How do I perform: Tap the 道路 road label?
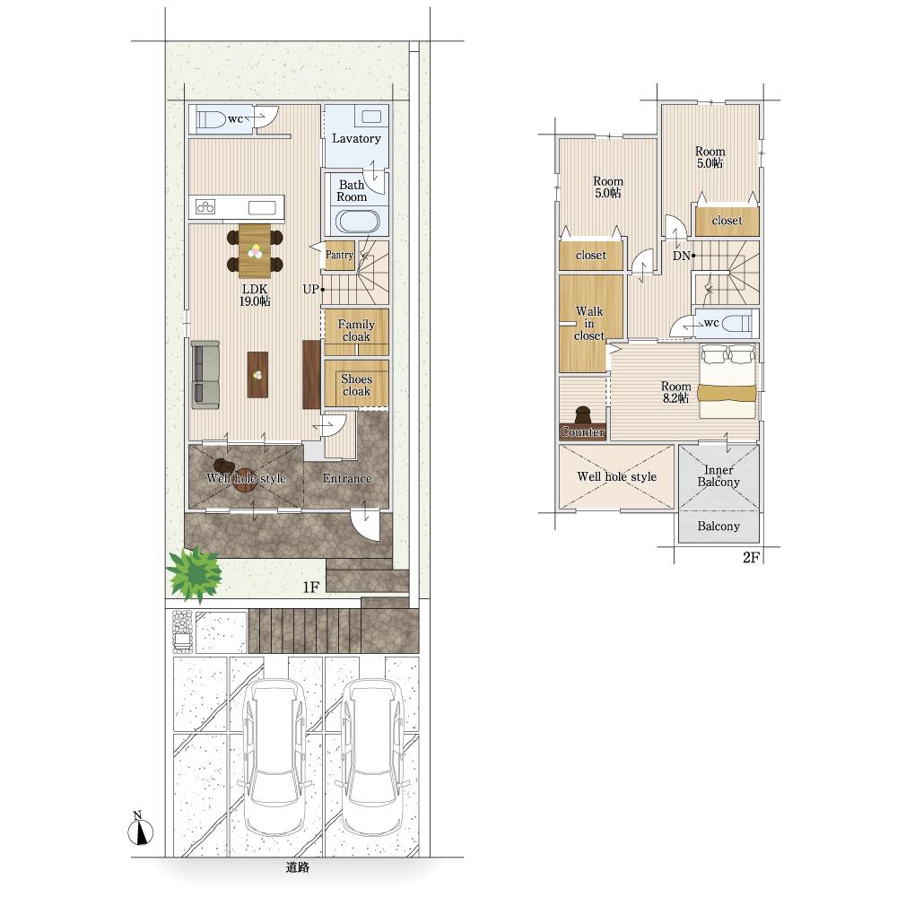(x=298, y=867)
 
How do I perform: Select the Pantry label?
(x=339, y=255)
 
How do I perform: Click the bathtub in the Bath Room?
(x=358, y=222)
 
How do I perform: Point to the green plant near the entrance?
(x=195, y=573)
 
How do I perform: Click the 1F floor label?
(x=310, y=587)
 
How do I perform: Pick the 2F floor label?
(x=751, y=557)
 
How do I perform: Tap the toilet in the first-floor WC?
(x=211, y=119)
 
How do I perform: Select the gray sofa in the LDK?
(x=205, y=375)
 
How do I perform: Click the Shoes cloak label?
(x=356, y=385)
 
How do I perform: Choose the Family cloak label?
(x=356, y=331)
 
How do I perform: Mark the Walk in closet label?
(x=590, y=323)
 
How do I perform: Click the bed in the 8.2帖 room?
(x=727, y=380)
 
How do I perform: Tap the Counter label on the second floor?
(x=582, y=432)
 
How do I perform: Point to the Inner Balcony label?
(x=718, y=476)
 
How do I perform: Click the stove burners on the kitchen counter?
(x=205, y=206)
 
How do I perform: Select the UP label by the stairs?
(x=310, y=290)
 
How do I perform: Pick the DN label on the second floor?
(x=681, y=256)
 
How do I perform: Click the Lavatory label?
(x=356, y=138)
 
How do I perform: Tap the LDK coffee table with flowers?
(x=257, y=375)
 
